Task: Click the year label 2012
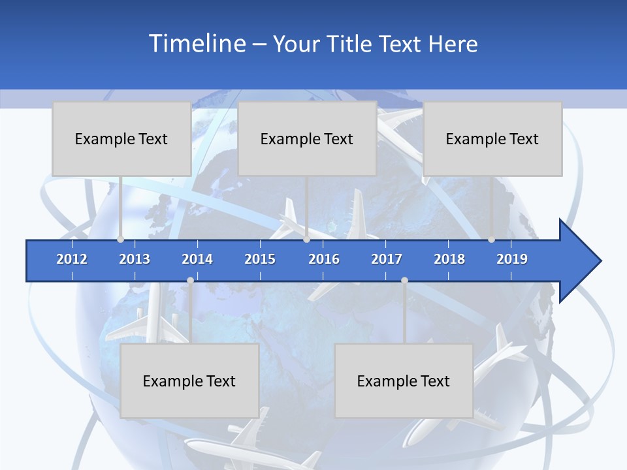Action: click(72, 259)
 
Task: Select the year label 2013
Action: click(135, 259)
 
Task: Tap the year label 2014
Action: click(197, 259)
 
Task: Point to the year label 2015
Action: click(260, 259)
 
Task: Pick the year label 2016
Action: click(324, 259)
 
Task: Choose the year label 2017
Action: click(387, 259)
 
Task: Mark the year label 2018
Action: click(449, 259)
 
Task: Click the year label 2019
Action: click(512, 259)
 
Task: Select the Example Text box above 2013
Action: click(121, 138)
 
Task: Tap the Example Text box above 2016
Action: click(307, 138)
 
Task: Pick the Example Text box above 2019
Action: click(492, 138)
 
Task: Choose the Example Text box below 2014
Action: click(189, 381)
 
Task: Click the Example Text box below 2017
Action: click(404, 381)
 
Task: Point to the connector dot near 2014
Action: click(190, 280)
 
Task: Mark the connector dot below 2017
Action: click(404, 280)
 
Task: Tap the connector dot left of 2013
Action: click(121, 240)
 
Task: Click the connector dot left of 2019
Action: click(492, 240)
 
